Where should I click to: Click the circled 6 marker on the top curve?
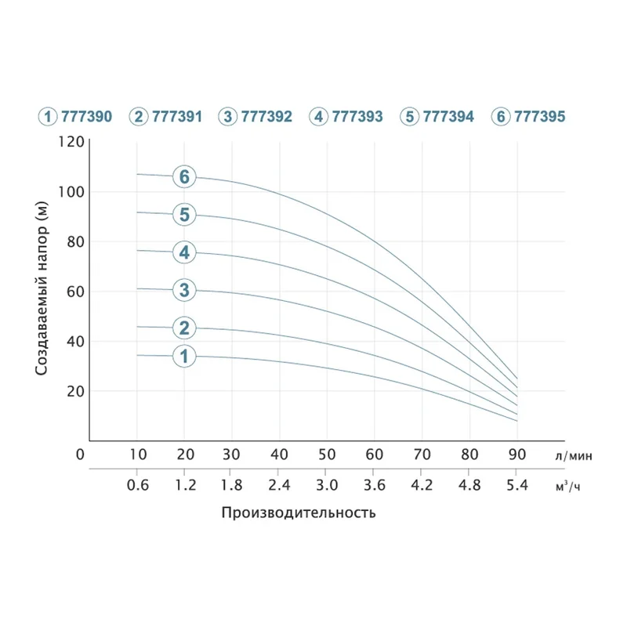pos(184,177)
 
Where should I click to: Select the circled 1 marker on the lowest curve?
pos(184,357)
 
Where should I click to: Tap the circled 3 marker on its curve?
pos(184,290)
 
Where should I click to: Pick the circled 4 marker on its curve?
pos(184,252)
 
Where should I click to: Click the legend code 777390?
pos(88,117)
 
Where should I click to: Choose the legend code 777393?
pos(357,117)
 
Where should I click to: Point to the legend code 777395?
pos(539,117)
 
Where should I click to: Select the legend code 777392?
pos(267,117)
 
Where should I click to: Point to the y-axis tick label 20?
pos(74,391)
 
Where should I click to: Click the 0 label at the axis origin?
pos(79,454)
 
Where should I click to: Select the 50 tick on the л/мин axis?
pos(327,454)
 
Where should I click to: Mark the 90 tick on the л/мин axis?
pos(516,454)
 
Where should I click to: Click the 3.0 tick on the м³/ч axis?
pos(327,486)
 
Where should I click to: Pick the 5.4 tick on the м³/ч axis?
pos(516,486)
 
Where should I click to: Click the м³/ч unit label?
pos(568,487)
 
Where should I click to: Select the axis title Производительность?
pos(299,513)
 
